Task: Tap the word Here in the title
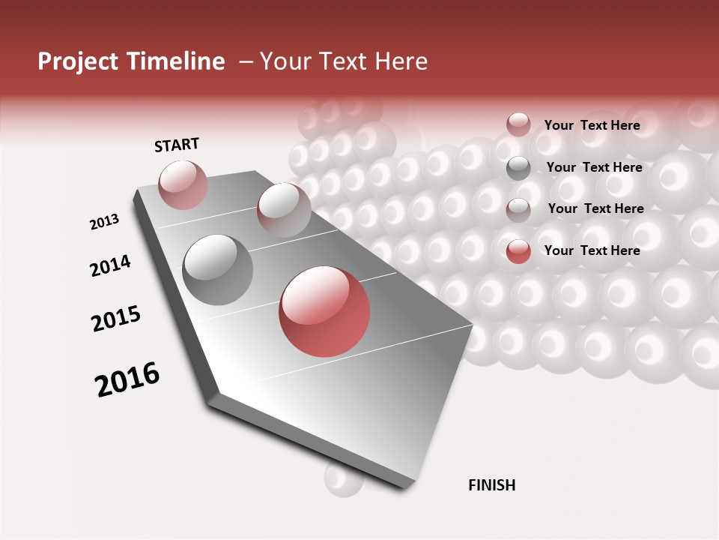(x=401, y=61)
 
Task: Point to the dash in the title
(x=246, y=61)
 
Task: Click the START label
(x=177, y=145)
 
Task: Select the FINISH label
(x=491, y=485)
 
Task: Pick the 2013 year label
(x=104, y=221)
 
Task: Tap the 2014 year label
(x=110, y=265)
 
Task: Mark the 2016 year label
(x=127, y=379)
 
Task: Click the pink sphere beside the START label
(x=183, y=184)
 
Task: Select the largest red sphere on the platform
(x=324, y=311)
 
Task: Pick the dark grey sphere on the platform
(x=218, y=270)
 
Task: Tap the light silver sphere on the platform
(x=283, y=208)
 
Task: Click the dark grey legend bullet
(x=518, y=169)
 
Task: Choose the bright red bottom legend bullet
(x=518, y=252)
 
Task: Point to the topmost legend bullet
(x=518, y=124)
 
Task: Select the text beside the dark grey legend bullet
(x=594, y=167)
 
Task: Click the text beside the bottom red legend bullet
(x=592, y=250)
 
